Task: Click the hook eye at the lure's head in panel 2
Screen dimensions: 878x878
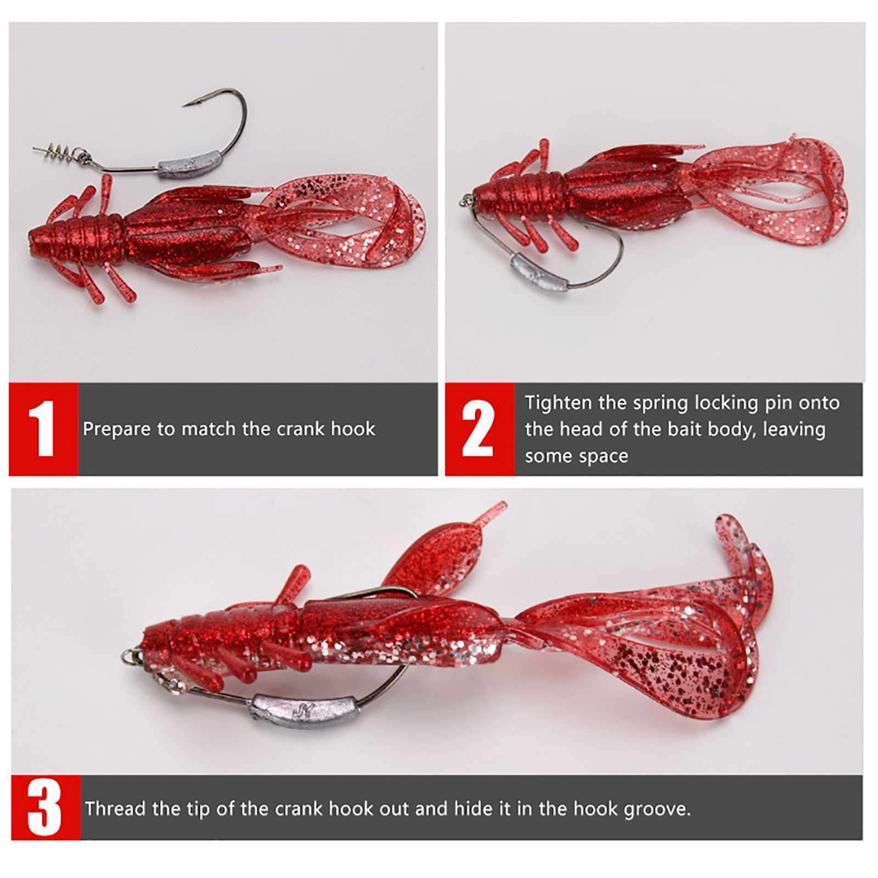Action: pos(465,200)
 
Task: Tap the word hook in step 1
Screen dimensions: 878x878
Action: pos(353,429)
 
